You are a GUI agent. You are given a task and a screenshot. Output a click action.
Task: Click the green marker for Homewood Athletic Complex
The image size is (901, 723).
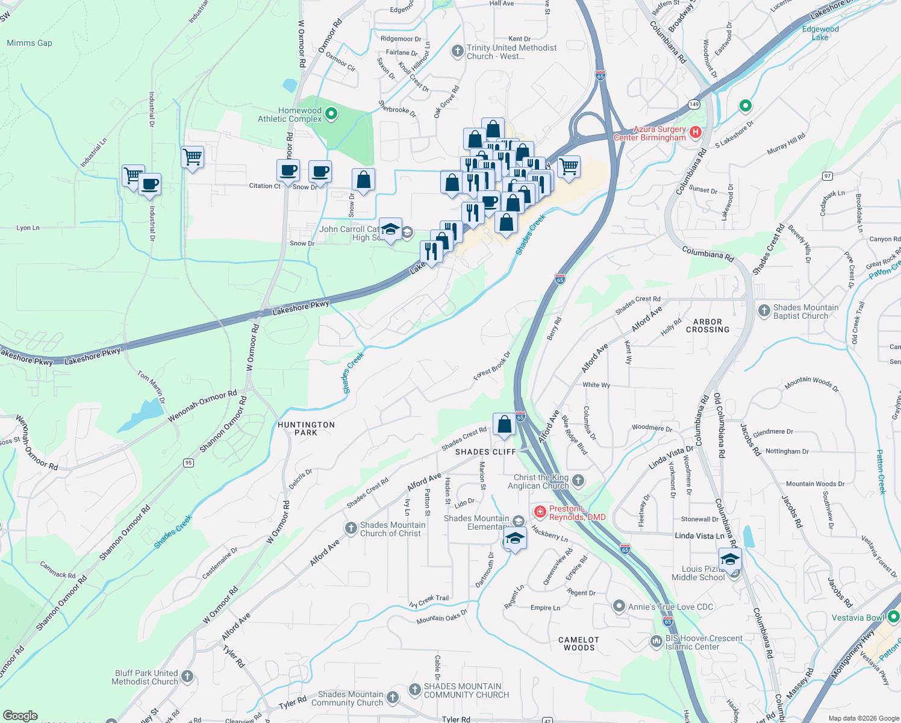point(331,113)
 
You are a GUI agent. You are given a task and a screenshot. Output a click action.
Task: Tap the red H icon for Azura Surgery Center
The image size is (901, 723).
point(696,132)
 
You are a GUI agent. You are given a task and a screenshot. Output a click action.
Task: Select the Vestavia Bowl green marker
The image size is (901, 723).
point(893,617)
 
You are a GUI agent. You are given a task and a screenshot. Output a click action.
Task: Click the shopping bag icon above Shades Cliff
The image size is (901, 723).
point(504,424)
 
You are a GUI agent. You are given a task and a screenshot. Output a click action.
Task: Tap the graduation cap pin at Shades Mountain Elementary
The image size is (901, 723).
point(515,538)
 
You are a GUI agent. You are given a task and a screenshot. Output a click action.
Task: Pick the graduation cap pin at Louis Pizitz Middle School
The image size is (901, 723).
point(730,559)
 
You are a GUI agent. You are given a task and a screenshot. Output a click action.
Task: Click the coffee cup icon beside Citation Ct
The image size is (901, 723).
point(288,171)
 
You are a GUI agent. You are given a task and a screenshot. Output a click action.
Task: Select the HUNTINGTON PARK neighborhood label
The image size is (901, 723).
point(306,428)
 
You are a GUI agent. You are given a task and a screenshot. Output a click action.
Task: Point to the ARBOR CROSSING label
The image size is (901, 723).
point(707,326)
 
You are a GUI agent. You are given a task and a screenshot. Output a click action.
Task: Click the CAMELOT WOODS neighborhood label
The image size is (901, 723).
point(579,643)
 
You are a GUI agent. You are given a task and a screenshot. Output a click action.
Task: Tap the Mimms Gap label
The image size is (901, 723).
point(30,43)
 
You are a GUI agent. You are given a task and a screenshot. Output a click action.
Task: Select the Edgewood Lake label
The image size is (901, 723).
point(820,33)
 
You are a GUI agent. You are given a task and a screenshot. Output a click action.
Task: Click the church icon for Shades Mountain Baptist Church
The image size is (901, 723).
point(764,311)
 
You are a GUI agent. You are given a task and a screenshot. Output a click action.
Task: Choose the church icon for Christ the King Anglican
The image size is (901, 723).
point(578,480)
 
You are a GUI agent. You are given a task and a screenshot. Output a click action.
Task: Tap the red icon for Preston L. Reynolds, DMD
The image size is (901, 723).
point(540,512)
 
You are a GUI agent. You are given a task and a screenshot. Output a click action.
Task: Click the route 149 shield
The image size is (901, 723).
point(694,104)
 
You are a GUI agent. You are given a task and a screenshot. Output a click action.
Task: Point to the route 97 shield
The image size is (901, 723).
point(828,176)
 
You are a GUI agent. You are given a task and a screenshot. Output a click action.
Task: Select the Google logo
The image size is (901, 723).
point(20,716)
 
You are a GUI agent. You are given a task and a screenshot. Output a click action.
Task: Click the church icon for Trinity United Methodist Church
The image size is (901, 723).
point(457,51)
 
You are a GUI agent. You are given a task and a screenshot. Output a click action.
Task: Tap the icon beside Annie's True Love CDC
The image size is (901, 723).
point(619,606)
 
